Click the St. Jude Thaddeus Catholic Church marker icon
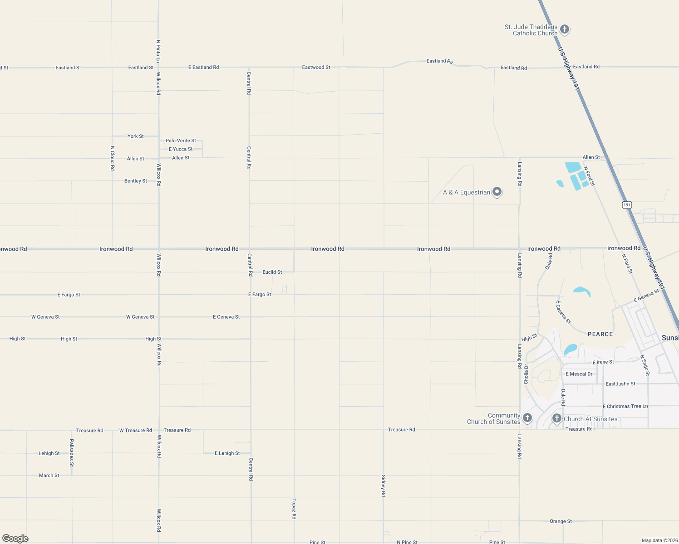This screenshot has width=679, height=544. tap(565, 29)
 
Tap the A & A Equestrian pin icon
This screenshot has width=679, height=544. tap(497, 192)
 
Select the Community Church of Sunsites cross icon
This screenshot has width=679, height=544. tap(527, 418)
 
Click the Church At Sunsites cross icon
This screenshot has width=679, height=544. tap(557, 418)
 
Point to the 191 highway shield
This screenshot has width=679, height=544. tap(627, 205)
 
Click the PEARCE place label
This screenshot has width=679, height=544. tap(600, 334)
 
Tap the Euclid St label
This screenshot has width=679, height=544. tap(272, 272)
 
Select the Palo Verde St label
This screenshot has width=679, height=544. tap(181, 141)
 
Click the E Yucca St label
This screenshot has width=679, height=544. tap(181, 149)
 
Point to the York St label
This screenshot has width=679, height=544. tap(135, 136)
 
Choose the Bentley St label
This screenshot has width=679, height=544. tap(136, 181)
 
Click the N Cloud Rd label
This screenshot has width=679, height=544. tap(113, 158)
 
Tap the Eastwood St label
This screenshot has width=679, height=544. tap(316, 67)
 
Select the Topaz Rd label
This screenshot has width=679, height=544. tap(294, 509)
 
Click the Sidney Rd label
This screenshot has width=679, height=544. tap(384, 486)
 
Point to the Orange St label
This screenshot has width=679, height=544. tap(561, 521)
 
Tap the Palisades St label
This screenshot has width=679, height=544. tap(72, 452)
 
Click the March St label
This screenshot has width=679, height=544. tap(49, 476)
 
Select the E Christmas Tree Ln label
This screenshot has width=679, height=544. tap(625, 406)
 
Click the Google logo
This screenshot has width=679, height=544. tap(15, 539)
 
